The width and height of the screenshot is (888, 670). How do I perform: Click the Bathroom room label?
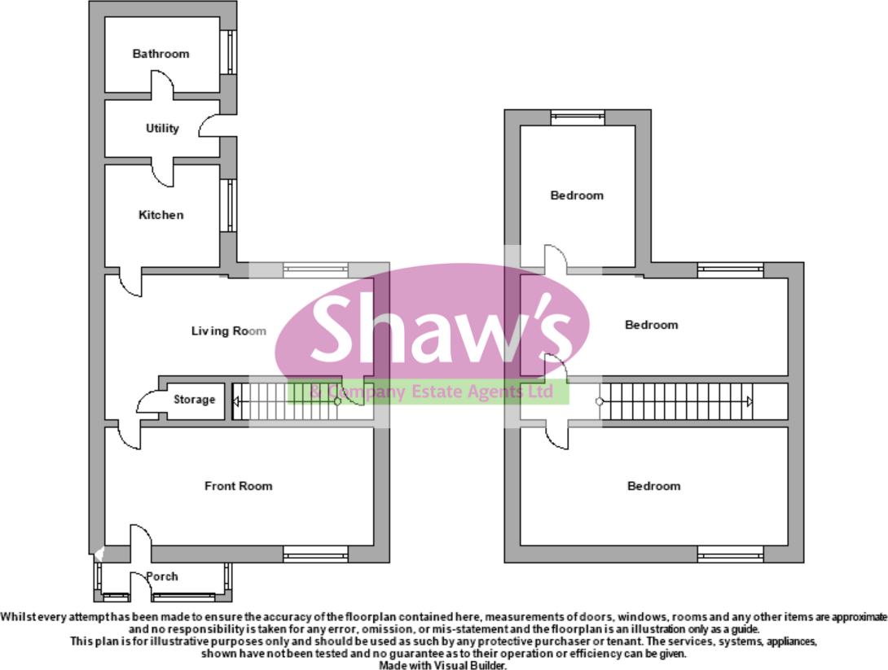pos(160,54)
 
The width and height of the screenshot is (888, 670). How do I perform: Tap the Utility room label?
pos(162,129)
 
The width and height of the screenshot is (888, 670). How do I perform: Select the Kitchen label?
pos(160,215)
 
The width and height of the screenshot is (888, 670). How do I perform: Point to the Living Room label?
pos(229,331)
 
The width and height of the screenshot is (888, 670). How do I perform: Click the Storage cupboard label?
pos(194,400)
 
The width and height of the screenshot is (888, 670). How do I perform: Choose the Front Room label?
pos(238,486)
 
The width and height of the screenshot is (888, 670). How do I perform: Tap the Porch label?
pos(162,577)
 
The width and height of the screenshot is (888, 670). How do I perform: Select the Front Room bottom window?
pos(315,557)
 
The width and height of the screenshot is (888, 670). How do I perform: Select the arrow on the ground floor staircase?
pos(237,401)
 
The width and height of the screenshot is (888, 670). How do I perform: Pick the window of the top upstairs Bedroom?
pos(577,117)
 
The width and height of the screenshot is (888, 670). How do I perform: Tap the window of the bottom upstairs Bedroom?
pos(730,557)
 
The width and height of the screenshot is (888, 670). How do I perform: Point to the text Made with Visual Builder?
pos(444,664)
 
